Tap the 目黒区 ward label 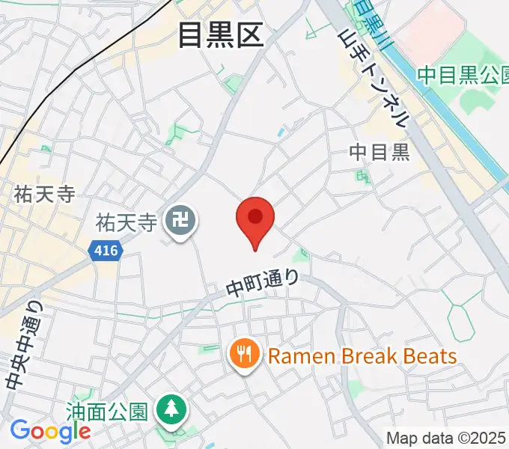click(221, 35)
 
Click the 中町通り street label click(263, 282)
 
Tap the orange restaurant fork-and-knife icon click(245, 355)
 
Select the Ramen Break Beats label click(362, 355)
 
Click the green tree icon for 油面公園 click(171, 409)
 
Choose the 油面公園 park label click(109, 410)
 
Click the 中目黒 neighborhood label click(380, 153)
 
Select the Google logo click(49, 431)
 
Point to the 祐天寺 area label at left click(44, 195)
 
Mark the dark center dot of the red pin click(255, 216)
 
